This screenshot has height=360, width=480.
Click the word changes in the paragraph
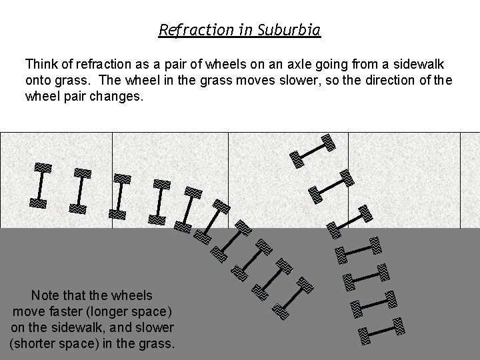point(117,96)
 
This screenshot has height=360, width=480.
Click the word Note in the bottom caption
point(45,295)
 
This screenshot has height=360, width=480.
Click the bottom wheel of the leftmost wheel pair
point(38,203)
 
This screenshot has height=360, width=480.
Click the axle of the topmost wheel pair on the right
point(311,150)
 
